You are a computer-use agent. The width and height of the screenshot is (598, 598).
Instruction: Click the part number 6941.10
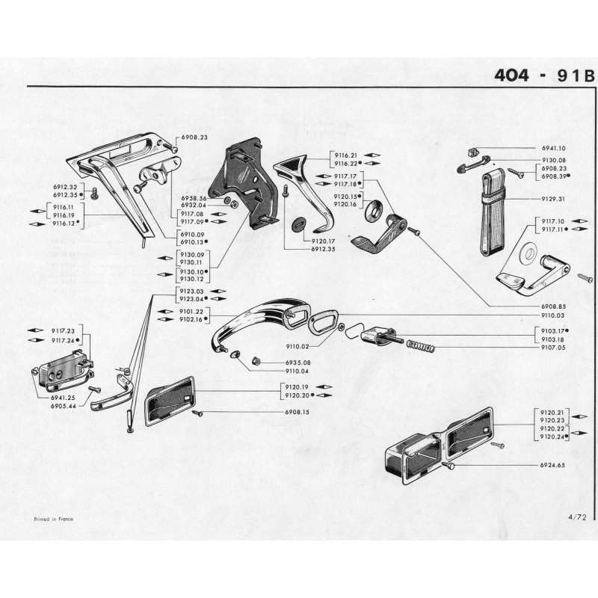[x=554, y=149]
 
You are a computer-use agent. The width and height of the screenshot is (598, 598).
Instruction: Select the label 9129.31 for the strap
[x=554, y=199]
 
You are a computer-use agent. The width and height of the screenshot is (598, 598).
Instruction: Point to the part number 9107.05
[x=554, y=348]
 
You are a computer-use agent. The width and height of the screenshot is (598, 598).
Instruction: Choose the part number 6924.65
[x=554, y=465]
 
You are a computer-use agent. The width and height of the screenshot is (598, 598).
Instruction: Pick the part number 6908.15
[x=297, y=412]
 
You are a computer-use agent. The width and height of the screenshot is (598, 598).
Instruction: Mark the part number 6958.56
[x=193, y=198]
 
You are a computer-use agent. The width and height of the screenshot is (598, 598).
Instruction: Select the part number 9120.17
[x=322, y=241]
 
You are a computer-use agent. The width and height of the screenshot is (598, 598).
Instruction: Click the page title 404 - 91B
[x=543, y=75]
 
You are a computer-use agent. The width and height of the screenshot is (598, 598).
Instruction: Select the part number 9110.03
[x=554, y=315]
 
